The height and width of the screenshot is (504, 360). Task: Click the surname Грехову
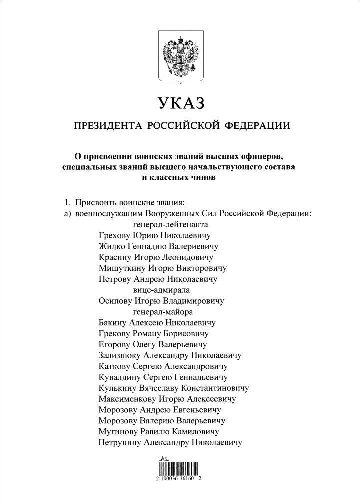[115, 236]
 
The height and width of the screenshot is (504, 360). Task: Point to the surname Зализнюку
[120, 355]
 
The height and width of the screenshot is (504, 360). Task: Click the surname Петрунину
[120, 442]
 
